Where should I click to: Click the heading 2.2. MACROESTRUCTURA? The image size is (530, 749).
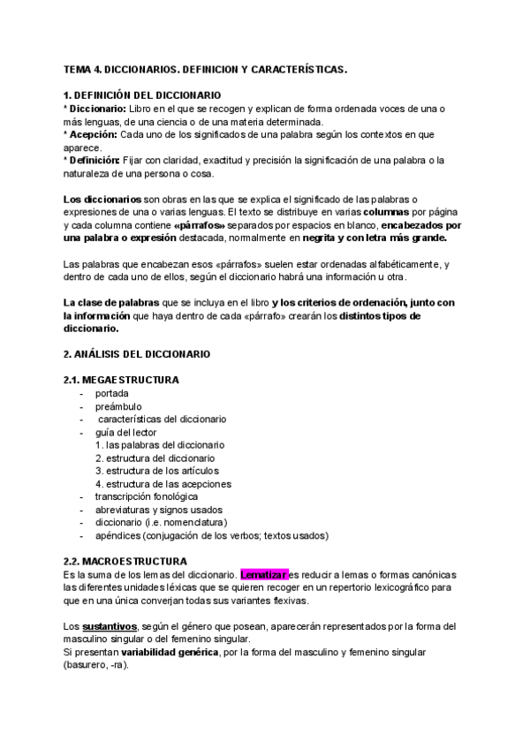(x=125, y=562)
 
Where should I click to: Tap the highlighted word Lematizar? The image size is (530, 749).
(x=264, y=575)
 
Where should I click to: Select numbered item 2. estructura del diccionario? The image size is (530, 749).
(x=155, y=458)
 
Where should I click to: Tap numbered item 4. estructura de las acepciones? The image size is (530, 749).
(x=163, y=484)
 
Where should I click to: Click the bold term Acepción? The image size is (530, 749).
(x=93, y=134)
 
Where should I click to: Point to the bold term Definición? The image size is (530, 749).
(x=95, y=160)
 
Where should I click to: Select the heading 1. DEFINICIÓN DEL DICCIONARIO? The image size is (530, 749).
(x=143, y=95)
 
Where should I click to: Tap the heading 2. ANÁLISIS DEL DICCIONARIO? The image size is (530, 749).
(x=137, y=353)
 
